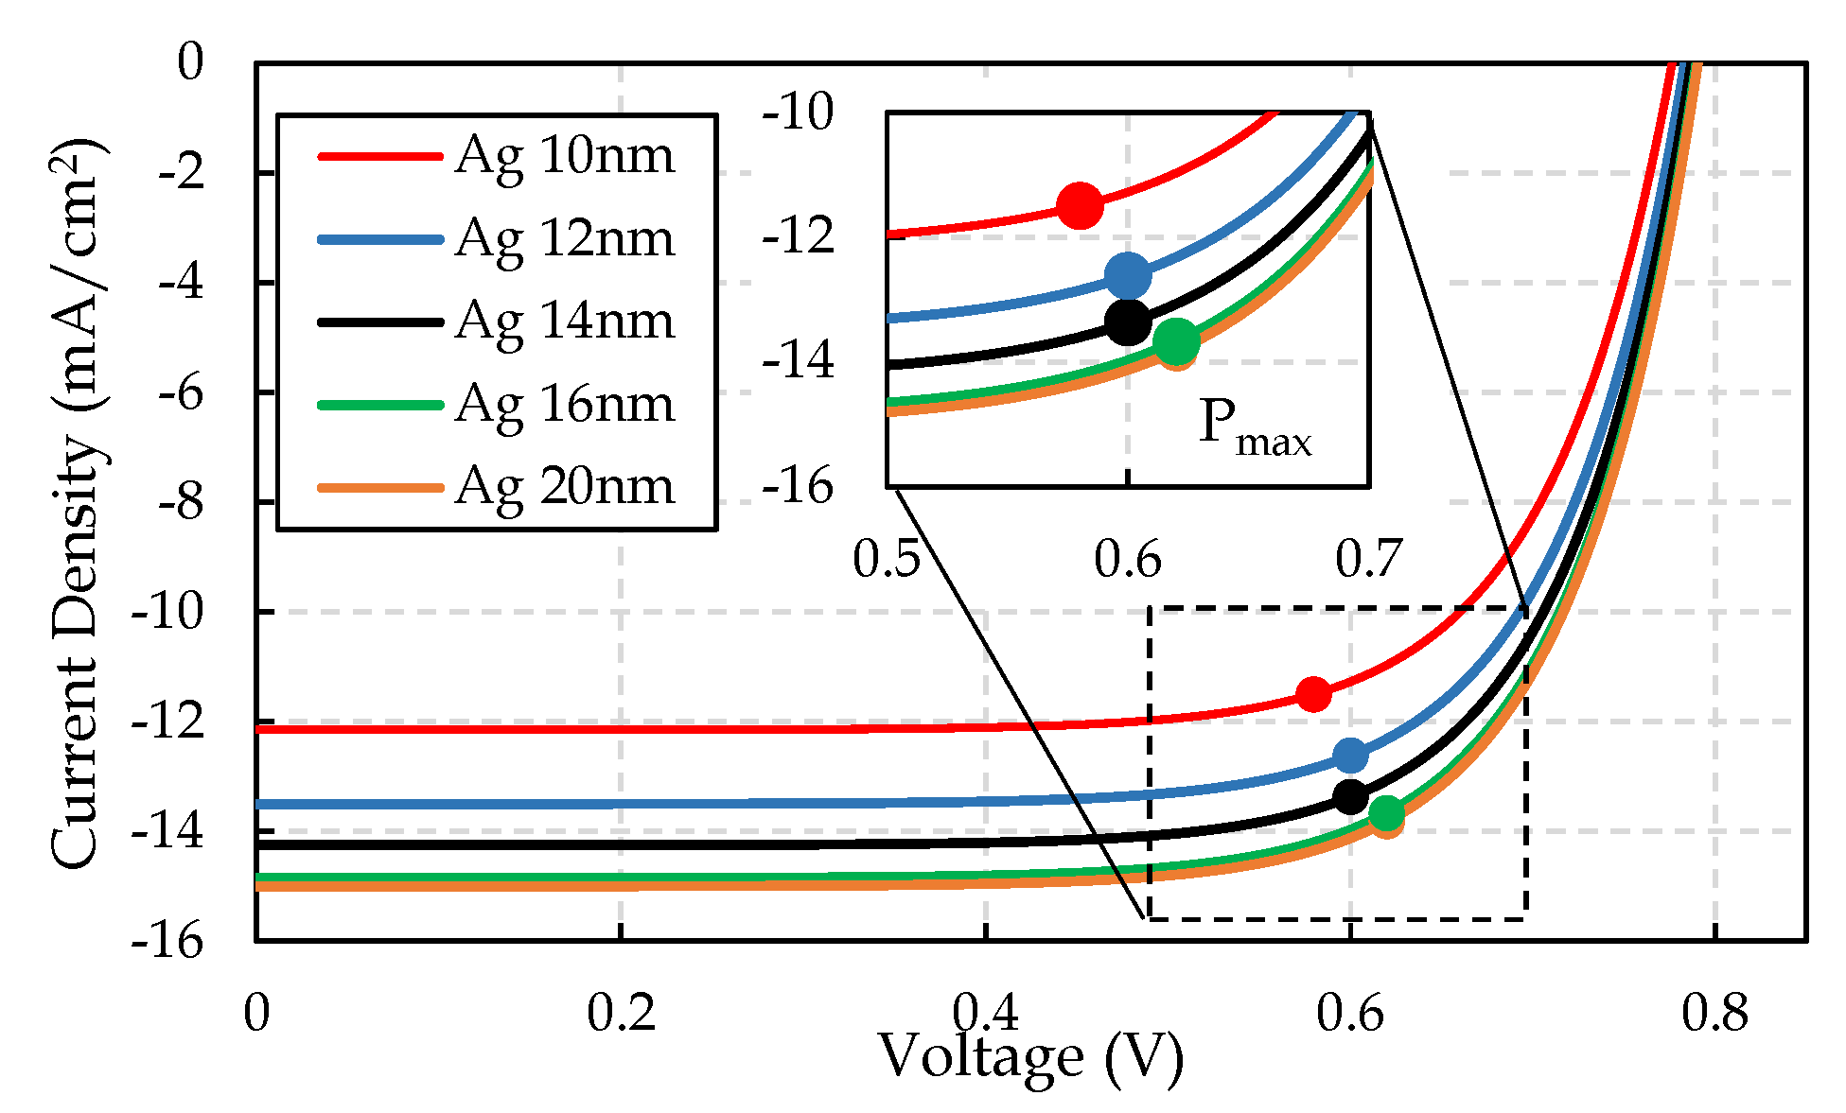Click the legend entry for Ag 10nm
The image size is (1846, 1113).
coord(564,155)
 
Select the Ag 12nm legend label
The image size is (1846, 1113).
coord(564,238)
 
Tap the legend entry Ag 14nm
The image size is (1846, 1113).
coord(564,321)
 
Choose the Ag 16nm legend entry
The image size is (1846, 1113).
coord(564,404)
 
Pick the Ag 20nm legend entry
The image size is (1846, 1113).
coord(564,486)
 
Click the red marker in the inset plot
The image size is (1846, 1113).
coord(1080,205)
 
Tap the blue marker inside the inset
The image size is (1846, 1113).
coord(1128,276)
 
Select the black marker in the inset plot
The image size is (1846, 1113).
coord(1128,322)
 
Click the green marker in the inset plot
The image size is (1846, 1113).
coord(1176,341)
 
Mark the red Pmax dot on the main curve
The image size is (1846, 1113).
coord(1313,694)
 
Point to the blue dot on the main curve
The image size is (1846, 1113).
coord(1350,755)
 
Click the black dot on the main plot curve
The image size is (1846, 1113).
coord(1350,796)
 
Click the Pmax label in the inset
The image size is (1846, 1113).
coord(1255,426)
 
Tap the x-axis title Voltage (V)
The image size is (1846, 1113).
coord(1030,1056)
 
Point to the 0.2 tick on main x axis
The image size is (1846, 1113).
coord(621,1014)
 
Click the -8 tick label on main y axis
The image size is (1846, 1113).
coord(180,502)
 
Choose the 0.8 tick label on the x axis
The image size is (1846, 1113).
coord(1714,1014)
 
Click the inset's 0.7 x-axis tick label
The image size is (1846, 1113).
coord(1369,559)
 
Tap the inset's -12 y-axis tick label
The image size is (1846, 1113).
coord(799,235)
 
